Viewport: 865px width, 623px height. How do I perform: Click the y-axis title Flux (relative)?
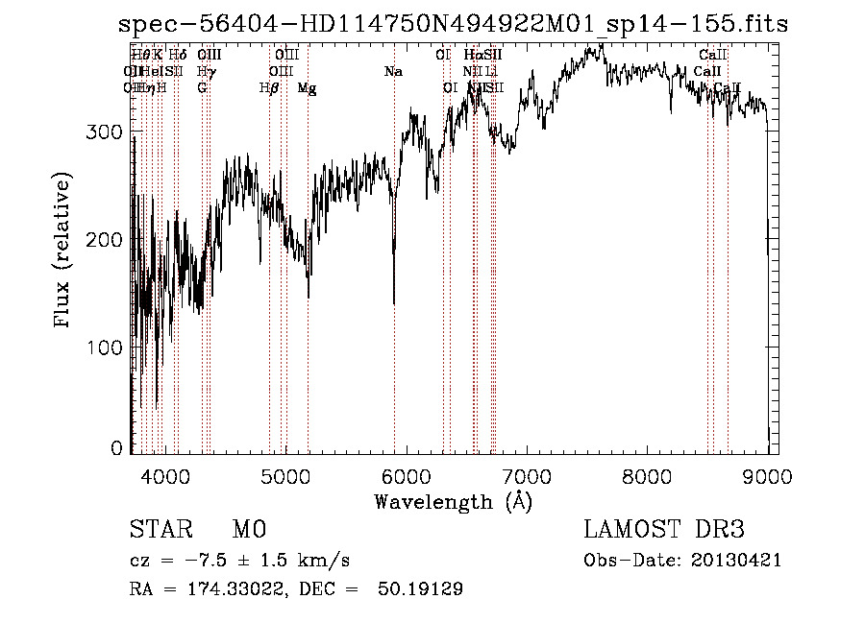[64, 252]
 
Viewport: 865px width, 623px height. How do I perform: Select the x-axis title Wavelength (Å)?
[453, 501]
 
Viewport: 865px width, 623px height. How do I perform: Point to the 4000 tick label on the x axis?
[165, 474]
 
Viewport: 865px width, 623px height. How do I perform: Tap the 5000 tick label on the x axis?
[285, 474]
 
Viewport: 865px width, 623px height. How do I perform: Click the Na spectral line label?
[393, 72]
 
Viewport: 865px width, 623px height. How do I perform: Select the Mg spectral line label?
[307, 88]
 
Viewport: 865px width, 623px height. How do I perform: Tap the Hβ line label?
[269, 88]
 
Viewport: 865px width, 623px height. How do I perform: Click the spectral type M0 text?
[249, 530]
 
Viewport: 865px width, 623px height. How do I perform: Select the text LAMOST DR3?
[664, 530]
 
